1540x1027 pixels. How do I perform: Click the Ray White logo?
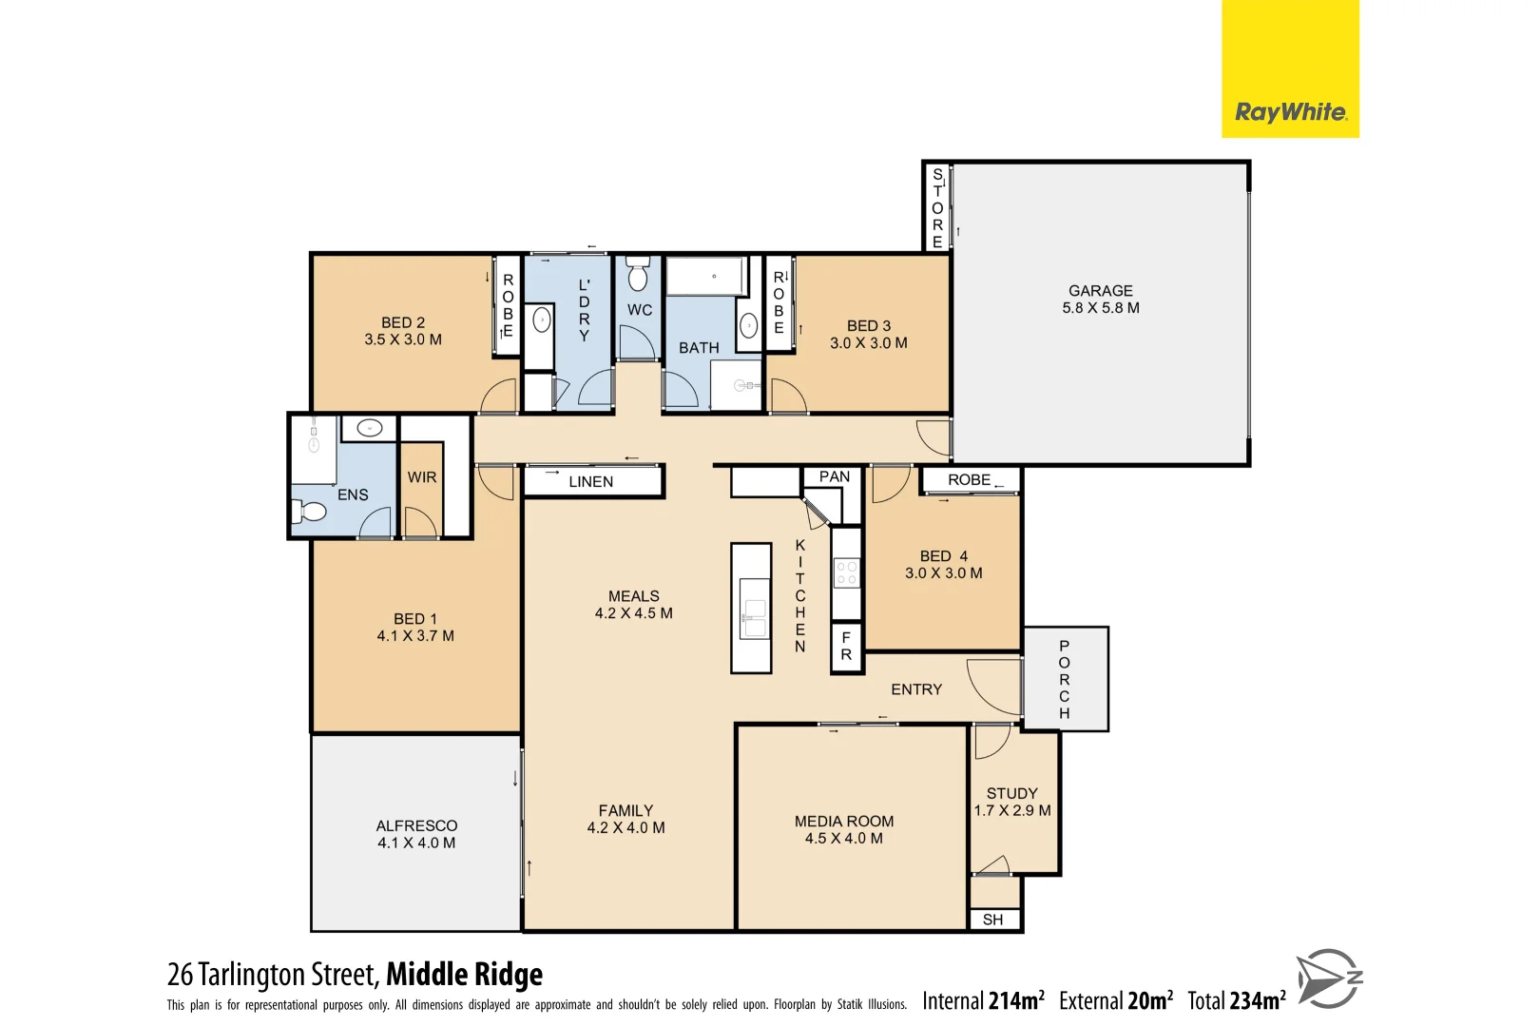[1290, 112]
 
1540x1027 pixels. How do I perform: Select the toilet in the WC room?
[638, 275]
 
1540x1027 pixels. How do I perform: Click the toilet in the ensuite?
[310, 512]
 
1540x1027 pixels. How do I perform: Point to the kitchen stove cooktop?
[846, 572]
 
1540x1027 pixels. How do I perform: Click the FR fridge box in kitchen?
[846, 647]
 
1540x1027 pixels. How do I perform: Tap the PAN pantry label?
[834, 476]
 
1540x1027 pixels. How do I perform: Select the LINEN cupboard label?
[590, 481]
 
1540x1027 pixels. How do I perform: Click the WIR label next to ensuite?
[422, 476]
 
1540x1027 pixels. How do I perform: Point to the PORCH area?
[1065, 678]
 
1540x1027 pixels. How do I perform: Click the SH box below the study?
[993, 919]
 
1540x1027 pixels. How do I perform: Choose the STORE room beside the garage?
[937, 207]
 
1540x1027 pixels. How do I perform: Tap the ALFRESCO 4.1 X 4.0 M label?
[416, 834]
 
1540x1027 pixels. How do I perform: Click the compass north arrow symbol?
[1329, 978]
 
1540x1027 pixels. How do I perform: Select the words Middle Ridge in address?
[464, 974]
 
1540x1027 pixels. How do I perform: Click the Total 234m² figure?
[1236, 1000]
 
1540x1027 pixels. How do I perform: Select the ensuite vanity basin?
[369, 428]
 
